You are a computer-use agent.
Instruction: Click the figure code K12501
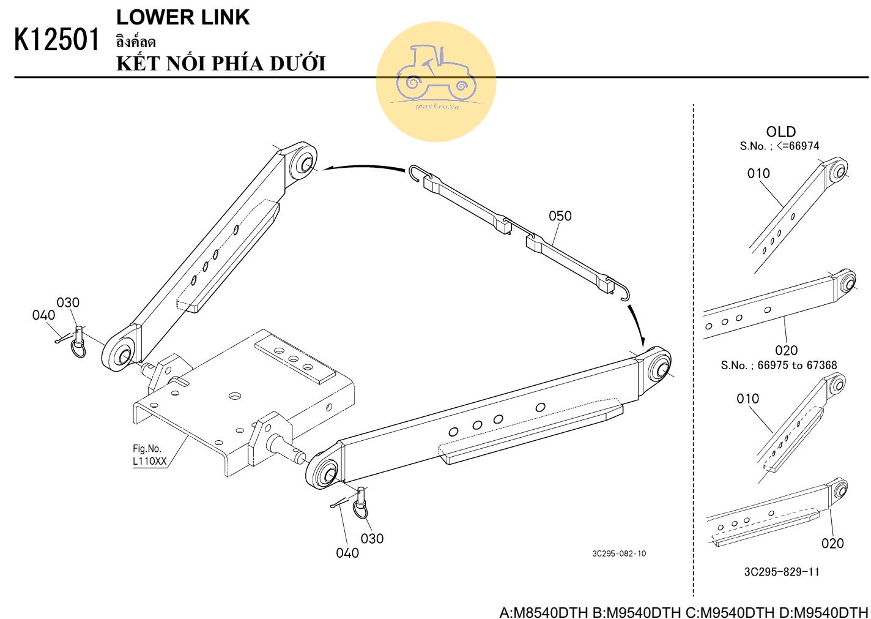[56, 40]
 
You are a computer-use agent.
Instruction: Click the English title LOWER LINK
[183, 17]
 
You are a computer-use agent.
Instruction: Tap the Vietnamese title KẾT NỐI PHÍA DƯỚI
[221, 64]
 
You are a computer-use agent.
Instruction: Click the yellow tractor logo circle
[435, 81]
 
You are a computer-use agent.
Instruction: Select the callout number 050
[560, 216]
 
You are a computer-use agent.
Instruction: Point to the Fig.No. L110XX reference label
[149, 456]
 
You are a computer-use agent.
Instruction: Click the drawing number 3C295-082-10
[618, 553]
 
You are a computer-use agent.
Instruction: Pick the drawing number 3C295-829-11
[782, 572]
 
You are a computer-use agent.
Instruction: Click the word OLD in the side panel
[780, 132]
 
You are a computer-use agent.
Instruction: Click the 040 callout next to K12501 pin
[43, 315]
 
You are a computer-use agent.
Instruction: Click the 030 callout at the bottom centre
[372, 538]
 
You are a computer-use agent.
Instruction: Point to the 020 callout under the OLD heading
[786, 350]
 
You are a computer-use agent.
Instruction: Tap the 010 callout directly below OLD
[758, 173]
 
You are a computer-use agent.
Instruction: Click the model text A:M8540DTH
[544, 612]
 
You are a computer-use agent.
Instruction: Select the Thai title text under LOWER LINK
[135, 42]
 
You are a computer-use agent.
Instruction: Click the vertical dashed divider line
[693, 349]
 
